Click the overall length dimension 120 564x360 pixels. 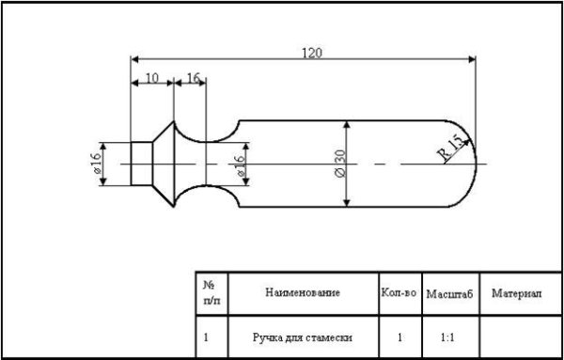click(x=311, y=53)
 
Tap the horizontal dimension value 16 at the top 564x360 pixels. click(x=193, y=79)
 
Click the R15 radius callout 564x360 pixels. click(x=450, y=147)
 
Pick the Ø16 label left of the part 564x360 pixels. click(x=97, y=164)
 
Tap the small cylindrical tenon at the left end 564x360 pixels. click(x=140, y=164)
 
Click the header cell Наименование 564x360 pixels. click(x=303, y=293)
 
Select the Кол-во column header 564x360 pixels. click(x=399, y=293)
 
